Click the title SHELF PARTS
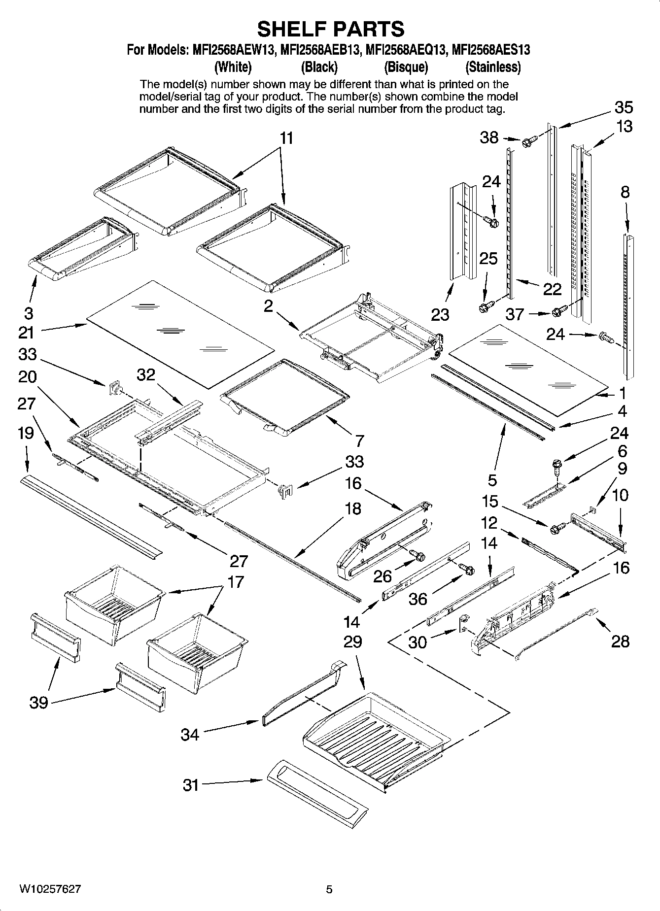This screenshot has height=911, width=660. pyautogui.click(x=330, y=29)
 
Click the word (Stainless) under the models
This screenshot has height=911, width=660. pyautogui.click(x=493, y=67)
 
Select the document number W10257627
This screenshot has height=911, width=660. pyautogui.click(x=50, y=889)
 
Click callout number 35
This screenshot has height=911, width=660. pyautogui.click(x=624, y=107)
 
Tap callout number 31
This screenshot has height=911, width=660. pyautogui.click(x=190, y=785)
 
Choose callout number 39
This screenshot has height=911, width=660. pyautogui.click(x=38, y=702)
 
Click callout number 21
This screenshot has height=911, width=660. pyautogui.click(x=26, y=333)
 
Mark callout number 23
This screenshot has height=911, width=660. pyautogui.click(x=440, y=314)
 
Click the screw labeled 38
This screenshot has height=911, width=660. pyautogui.click(x=526, y=142)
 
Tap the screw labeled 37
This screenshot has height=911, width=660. pyautogui.click(x=558, y=311)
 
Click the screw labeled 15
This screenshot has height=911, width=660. pyautogui.click(x=556, y=528)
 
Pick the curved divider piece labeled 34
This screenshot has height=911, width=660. pyautogui.click(x=303, y=692)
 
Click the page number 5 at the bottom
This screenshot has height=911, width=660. pyautogui.click(x=329, y=889)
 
